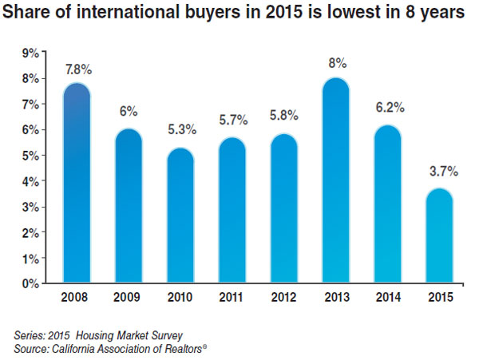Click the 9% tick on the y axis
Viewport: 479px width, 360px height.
point(30,53)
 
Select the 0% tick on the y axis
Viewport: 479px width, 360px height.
point(30,283)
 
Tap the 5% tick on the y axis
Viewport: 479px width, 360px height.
point(30,156)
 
